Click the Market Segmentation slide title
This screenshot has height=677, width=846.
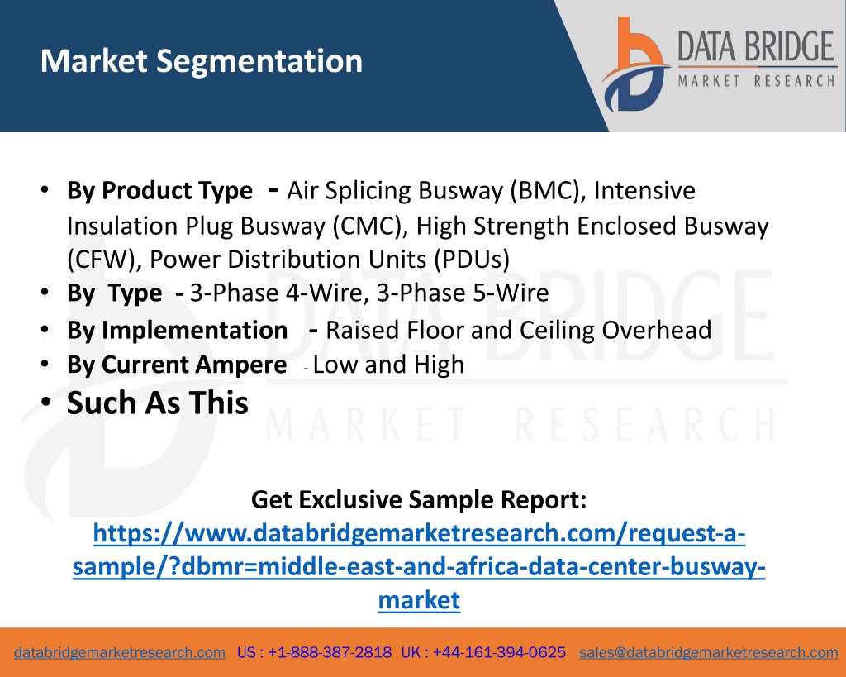coord(202,61)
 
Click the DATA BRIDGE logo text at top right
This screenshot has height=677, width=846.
coord(756,46)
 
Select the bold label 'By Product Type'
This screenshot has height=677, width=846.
coord(159,191)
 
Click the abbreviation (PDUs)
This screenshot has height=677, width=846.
coord(472,260)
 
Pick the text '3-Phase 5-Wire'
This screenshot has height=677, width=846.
coord(463,293)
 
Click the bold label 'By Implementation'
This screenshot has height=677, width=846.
coord(177,331)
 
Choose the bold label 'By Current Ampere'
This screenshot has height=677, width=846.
coord(177,365)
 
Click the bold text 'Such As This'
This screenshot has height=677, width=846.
coord(158,403)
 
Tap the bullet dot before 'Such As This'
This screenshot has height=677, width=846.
coord(46,403)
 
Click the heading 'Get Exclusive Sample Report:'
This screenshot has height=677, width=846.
coord(419,499)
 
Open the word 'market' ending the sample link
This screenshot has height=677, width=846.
coord(419,600)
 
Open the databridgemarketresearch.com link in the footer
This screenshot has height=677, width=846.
coord(120,653)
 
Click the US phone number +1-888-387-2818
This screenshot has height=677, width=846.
coord(330,653)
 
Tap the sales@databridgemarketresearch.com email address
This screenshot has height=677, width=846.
coord(708,653)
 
